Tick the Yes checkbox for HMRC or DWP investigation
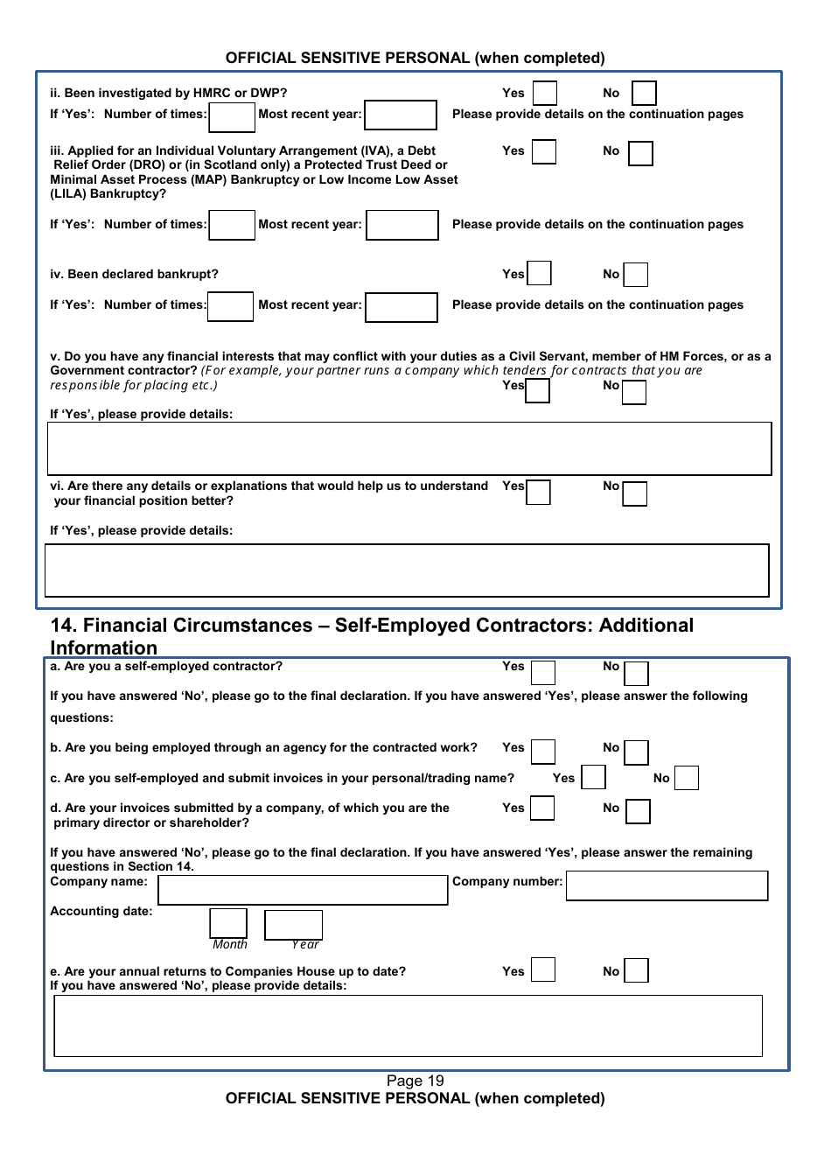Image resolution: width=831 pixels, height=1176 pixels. [544, 93]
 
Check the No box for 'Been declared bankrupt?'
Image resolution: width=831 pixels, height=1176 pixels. [635, 275]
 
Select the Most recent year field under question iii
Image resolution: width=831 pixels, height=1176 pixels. [402, 225]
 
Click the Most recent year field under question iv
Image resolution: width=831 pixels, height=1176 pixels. [401, 307]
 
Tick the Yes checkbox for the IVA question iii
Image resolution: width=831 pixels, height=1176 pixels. [544, 152]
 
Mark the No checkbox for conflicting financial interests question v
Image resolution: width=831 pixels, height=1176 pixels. [634, 392]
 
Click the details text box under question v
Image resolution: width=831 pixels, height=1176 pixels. [409, 449]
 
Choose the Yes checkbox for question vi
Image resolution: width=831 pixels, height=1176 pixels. [538, 493]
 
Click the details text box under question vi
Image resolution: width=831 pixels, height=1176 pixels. [407, 570]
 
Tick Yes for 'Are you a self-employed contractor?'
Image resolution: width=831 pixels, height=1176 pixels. [543, 672]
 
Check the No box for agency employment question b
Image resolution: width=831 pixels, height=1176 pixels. [636, 752]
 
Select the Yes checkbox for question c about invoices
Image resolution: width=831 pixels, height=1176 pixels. [593, 777]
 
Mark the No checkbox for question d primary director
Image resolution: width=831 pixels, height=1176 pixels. [638, 812]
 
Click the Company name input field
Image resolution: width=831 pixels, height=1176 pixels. [303, 890]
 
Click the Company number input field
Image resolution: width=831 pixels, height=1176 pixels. [667, 885]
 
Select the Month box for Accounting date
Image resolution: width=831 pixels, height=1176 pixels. [228, 923]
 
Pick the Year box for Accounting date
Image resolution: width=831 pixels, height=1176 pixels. [293, 924]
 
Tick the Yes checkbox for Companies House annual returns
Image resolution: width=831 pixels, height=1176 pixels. [543, 969]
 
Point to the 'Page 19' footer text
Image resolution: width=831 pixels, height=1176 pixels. [415, 1081]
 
